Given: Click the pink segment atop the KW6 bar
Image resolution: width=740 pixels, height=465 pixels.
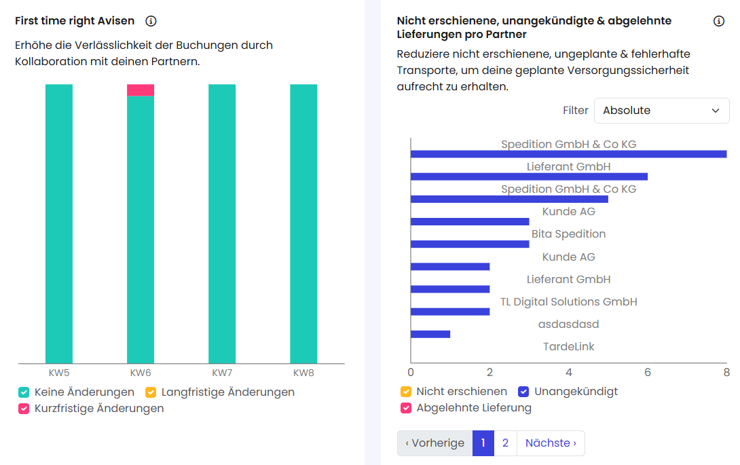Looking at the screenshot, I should point(141,90).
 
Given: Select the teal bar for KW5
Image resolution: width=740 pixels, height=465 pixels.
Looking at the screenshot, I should point(59,224).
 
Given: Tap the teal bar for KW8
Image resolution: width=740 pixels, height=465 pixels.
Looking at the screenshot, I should point(303,224).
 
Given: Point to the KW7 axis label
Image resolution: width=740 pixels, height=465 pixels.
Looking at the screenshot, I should point(222,373).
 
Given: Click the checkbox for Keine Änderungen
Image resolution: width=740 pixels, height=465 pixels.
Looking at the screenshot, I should point(24,392).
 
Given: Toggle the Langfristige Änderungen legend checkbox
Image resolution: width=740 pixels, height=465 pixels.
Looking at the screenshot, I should point(151,392).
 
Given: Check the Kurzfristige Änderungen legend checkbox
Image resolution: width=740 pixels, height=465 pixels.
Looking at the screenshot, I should point(24,409).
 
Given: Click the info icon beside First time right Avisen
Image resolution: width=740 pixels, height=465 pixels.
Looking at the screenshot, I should point(151,21).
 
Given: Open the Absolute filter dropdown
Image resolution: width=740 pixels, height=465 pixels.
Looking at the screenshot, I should point(661,111).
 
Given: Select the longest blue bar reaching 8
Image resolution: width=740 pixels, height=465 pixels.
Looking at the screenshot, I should point(568,154).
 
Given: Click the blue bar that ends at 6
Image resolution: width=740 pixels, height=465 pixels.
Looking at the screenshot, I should point(529,176).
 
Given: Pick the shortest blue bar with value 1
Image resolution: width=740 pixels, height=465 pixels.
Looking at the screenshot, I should point(430,334).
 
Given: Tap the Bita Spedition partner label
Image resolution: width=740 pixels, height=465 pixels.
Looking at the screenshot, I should point(568,234).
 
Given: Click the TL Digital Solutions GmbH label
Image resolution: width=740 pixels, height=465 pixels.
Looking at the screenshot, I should point(568,301).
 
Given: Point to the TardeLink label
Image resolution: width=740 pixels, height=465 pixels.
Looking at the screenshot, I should point(568,347).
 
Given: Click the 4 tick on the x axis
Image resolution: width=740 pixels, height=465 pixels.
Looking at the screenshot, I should point(568,373).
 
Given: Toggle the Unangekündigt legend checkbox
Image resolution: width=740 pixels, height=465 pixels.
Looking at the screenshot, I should point(523,392).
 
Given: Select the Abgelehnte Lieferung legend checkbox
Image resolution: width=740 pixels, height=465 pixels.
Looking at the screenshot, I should point(406,408).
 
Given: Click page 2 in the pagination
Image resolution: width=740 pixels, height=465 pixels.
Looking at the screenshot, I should point(505,443).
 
